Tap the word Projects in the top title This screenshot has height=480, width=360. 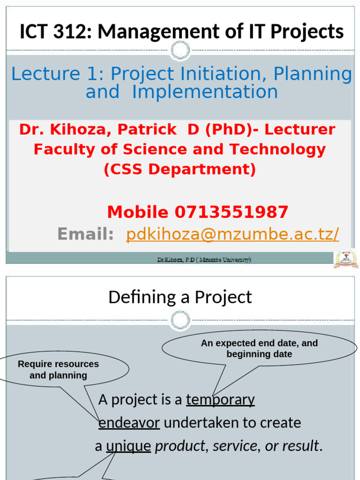tap(309, 31)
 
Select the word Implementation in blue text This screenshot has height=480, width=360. tap(205, 92)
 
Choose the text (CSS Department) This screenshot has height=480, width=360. tap(180, 169)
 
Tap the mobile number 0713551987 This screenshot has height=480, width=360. tap(231, 212)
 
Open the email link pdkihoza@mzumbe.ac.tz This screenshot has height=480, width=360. tap(232, 234)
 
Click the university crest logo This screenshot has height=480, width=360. tap(346, 259)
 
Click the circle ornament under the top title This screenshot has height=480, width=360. tap(180, 50)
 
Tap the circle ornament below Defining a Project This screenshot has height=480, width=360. tap(180, 321)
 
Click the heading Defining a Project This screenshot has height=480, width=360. tap(180, 297)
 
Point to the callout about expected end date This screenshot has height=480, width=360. tap(259, 349)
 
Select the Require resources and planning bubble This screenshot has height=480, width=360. tap(59, 370)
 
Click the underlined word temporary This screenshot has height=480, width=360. tap(220, 400)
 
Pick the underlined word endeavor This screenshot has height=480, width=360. tap(129, 423)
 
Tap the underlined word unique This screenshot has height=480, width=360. tap(128, 446)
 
